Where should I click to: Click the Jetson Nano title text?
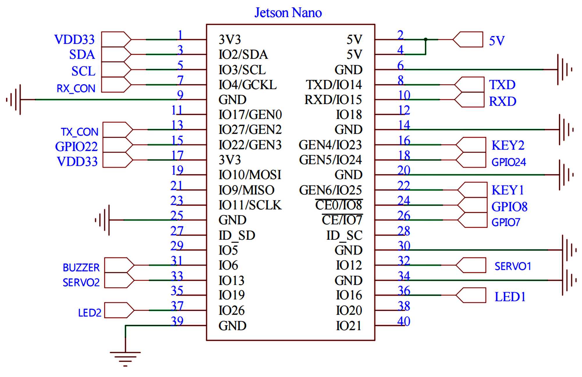tap(288, 13)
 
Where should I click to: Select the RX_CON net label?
tap(76, 88)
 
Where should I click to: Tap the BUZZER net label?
tap(81, 268)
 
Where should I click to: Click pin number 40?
tap(404, 321)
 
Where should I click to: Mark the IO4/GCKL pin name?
tap(248, 85)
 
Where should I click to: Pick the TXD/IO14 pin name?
tap(334, 85)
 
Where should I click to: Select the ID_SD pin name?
tap(237, 235)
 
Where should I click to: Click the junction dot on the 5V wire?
tap(425, 39)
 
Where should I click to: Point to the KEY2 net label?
tap(508, 145)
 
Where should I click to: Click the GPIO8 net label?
tap(509, 207)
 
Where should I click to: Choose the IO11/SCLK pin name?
tap(250, 205)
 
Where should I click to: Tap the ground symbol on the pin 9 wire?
tap(15, 99)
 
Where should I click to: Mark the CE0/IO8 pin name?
tap(339, 205)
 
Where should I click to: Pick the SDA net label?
tap(82, 55)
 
